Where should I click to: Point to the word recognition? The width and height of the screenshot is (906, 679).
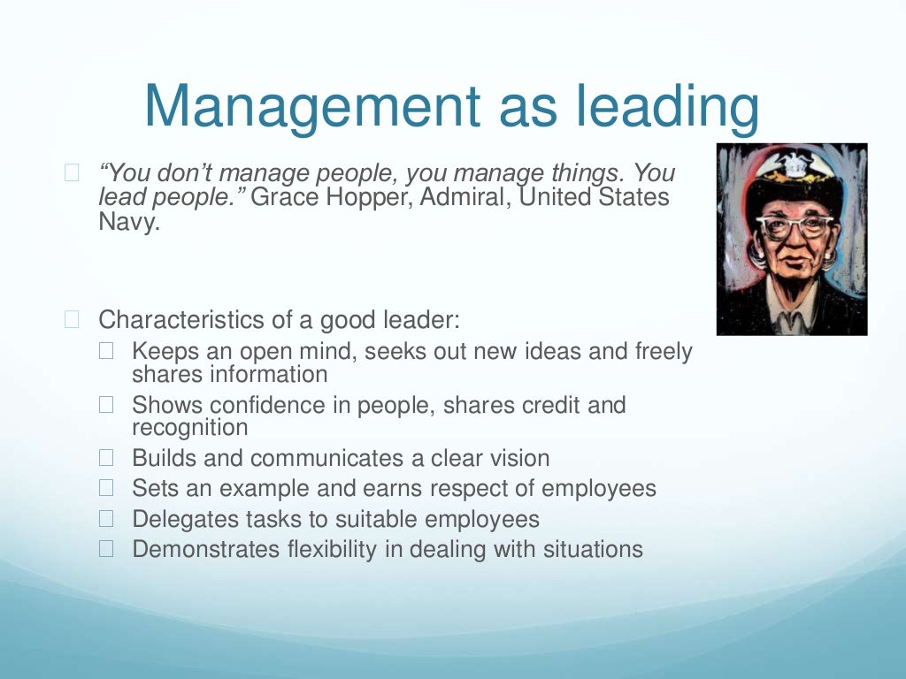click(190, 428)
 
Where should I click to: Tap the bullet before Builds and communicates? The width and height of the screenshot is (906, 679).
click(107, 459)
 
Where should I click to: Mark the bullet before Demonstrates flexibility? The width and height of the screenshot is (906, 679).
click(107, 549)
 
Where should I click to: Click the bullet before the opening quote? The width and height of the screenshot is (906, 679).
click(72, 173)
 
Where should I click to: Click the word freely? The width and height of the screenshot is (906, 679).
click(664, 352)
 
